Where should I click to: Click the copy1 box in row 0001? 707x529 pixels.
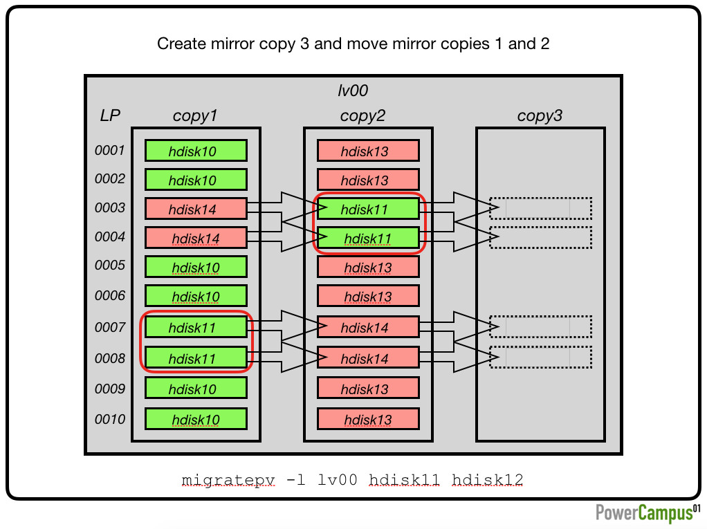pyautogui.click(x=196, y=151)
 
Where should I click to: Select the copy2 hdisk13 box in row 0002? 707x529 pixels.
pyautogui.click(x=369, y=180)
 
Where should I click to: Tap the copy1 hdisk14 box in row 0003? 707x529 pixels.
pyautogui.click(x=196, y=209)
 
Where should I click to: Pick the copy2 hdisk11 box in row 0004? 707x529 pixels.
pyautogui.click(x=369, y=238)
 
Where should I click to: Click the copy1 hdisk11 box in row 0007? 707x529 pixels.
pyautogui.click(x=196, y=327)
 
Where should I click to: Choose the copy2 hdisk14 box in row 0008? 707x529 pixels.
pyautogui.click(x=369, y=358)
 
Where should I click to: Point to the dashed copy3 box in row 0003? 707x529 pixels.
pyautogui.click(x=540, y=209)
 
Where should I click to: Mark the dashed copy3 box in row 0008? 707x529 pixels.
pyautogui.click(x=540, y=358)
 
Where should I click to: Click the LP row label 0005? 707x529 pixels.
pyautogui.click(x=110, y=265)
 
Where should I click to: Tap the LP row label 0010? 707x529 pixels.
pyautogui.click(x=110, y=419)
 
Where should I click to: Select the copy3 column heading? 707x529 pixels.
pyautogui.click(x=540, y=115)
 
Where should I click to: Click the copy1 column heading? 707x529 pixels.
pyautogui.click(x=195, y=115)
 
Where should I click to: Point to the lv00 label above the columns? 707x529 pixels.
pyautogui.click(x=353, y=91)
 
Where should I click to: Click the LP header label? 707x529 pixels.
pyautogui.click(x=110, y=115)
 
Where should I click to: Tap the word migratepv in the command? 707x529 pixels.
pyautogui.click(x=228, y=481)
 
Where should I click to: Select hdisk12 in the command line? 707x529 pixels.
pyautogui.click(x=488, y=479)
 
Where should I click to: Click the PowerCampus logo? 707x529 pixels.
pyautogui.click(x=648, y=513)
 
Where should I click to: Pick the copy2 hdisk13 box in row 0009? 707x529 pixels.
pyautogui.click(x=369, y=388)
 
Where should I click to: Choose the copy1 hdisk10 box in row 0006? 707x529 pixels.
pyautogui.click(x=196, y=296)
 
